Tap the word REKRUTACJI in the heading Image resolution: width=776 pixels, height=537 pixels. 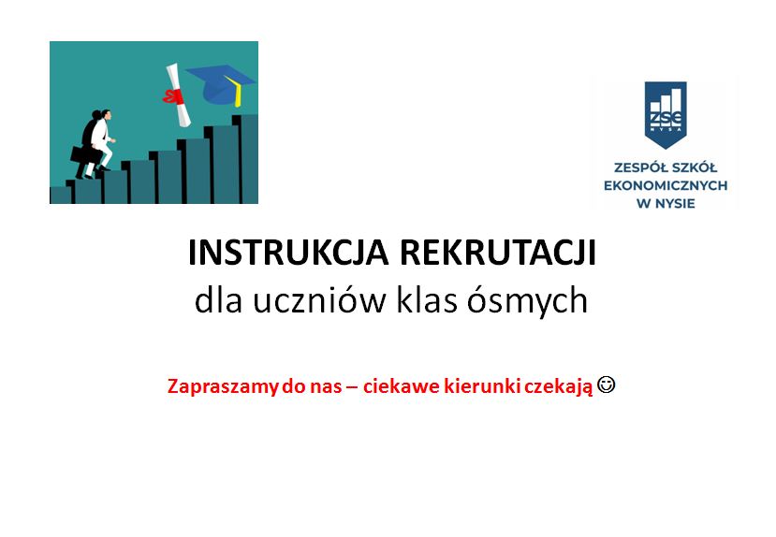498,253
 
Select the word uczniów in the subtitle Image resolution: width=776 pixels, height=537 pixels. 319,300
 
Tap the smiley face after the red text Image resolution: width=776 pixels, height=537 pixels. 607,385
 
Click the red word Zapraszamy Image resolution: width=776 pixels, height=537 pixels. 223,386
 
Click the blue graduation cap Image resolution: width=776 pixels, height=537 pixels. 220,85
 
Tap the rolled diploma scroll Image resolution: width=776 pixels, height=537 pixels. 178,94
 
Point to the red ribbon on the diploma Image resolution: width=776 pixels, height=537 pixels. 173,96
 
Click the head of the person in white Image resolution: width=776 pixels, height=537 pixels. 106,115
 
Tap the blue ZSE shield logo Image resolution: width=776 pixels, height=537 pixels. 666,115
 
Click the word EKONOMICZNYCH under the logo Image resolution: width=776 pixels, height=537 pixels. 666,186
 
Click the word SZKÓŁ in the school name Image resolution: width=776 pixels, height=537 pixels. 693,167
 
